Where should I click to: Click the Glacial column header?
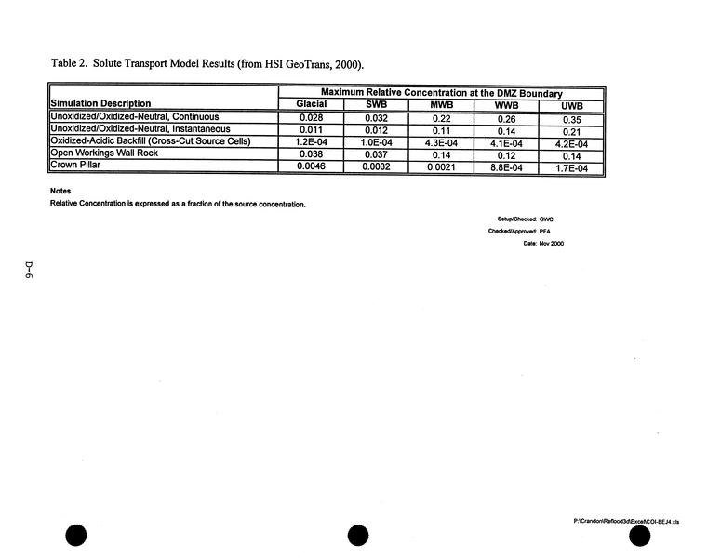[x=311, y=104]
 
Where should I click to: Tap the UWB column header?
[x=571, y=105]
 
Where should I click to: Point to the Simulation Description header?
[x=100, y=103]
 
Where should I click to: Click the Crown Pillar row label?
[x=77, y=166]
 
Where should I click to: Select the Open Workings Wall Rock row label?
[x=105, y=153]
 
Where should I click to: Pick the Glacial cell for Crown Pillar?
[x=311, y=166]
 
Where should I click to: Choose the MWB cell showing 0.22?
[x=440, y=118]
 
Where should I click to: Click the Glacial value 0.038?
[x=311, y=154]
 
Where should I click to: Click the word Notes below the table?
[x=60, y=192]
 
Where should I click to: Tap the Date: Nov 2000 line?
[x=543, y=243]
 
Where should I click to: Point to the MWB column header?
[x=440, y=105]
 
